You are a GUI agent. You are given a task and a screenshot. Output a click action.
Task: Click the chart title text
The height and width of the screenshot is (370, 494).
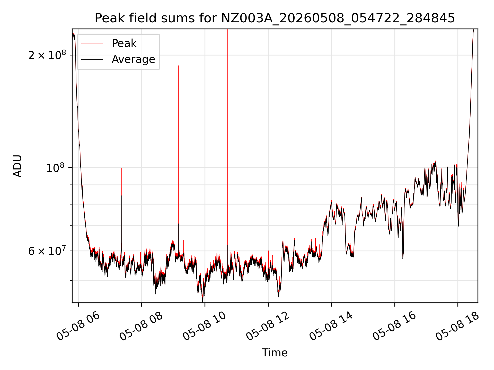click(275, 18)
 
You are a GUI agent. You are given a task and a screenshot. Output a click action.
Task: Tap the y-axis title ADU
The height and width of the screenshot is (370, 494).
click(18, 166)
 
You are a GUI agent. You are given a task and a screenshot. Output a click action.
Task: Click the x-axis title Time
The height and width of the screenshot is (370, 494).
click(275, 353)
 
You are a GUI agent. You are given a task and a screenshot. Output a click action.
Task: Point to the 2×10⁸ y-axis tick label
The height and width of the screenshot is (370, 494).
click(47, 55)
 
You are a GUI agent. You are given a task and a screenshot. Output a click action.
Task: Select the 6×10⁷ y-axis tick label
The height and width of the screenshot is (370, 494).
click(47, 251)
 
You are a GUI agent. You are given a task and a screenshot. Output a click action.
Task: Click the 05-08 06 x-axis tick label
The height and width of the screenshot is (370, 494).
click(78, 326)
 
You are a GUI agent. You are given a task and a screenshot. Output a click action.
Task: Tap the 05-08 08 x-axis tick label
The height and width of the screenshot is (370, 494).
click(141, 326)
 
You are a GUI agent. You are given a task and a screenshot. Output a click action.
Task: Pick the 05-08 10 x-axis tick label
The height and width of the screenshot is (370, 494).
click(205, 326)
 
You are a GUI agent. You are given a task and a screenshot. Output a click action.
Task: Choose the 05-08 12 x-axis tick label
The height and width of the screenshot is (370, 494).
click(268, 326)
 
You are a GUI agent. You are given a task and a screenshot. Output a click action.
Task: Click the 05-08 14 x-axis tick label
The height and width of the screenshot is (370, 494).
click(331, 326)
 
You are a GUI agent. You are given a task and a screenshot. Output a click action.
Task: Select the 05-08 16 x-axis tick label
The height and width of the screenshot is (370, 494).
click(394, 326)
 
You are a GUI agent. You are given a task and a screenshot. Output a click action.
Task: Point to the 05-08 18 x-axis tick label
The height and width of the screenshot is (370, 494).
click(457, 326)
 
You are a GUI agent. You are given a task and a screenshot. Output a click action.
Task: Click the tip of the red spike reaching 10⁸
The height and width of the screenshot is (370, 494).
click(122, 168)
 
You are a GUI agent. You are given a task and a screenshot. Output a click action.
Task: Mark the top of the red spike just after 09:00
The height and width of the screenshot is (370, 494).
click(178, 66)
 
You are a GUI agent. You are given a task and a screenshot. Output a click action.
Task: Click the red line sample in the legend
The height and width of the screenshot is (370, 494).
click(92, 43)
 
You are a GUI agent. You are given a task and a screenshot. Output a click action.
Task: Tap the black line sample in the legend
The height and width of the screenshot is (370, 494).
click(92, 59)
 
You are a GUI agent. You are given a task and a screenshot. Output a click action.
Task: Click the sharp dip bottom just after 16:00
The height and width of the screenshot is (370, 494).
click(403, 258)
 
